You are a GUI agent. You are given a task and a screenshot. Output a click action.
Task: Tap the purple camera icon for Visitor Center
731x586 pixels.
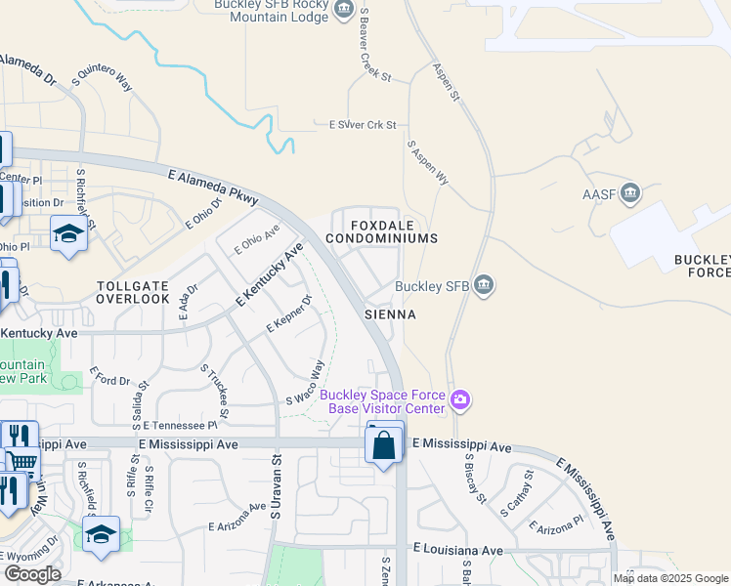click(461, 399)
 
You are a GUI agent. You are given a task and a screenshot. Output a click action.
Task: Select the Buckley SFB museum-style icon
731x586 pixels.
click(484, 286)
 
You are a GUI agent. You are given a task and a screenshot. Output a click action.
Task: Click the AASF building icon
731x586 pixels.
click(629, 192)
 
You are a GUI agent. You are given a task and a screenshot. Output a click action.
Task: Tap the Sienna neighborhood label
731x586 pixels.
click(390, 314)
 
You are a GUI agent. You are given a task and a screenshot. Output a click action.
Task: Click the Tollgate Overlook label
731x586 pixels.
click(134, 292)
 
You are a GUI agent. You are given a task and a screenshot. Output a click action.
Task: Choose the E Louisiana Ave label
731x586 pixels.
click(457, 551)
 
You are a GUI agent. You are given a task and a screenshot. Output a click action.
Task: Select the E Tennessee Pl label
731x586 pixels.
click(180, 426)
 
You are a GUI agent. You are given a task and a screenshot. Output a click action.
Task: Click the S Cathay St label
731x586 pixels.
click(516, 492)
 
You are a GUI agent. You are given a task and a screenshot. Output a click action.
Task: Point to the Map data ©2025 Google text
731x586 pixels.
click(670, 579)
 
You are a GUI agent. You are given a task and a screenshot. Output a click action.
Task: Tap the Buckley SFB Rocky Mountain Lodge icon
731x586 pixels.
click(343, 11)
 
